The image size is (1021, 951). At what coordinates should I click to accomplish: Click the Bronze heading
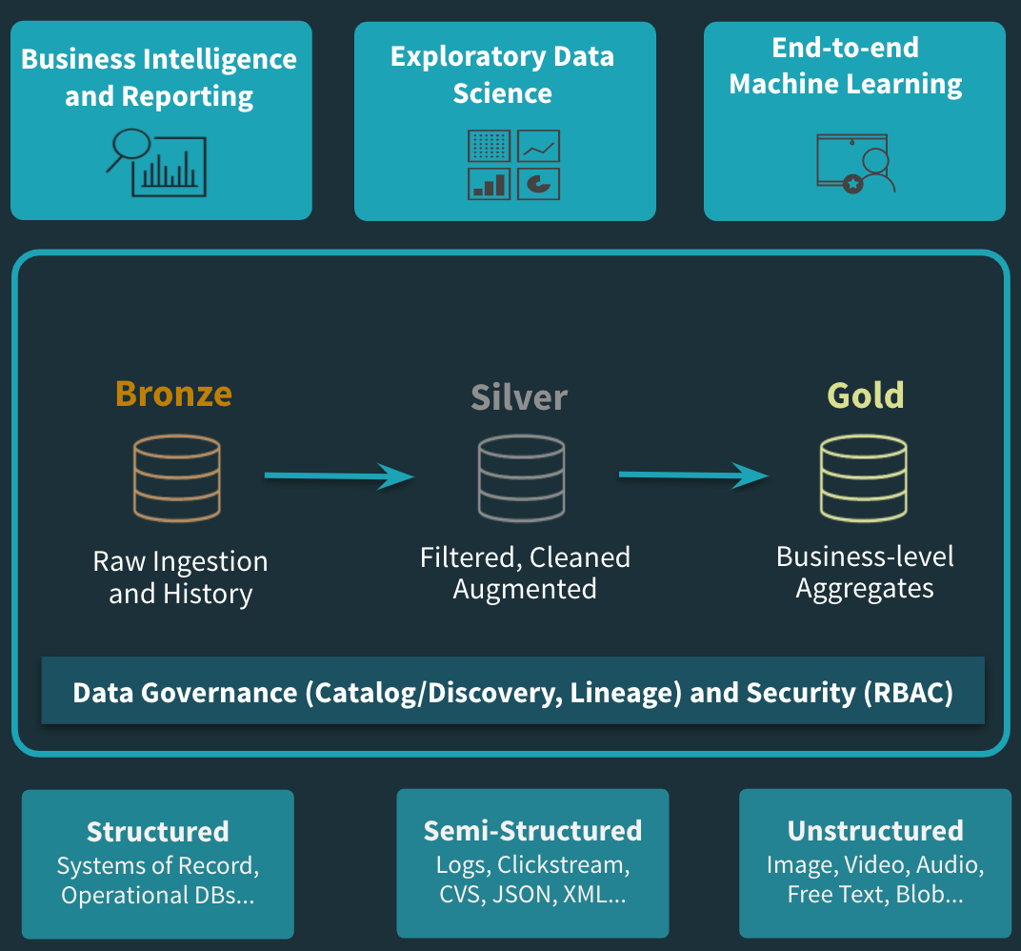pyautogui.click(x=173, y=394)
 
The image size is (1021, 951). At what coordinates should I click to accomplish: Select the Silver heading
pyautogui.click(x=519, y=397)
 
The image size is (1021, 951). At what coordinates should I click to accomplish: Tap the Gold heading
pyautogui.click(x=865, y=395)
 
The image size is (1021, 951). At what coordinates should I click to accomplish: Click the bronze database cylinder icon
pyautogui.click(x=177, y=478)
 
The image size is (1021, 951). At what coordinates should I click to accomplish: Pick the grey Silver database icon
pyautogui.click(x=521, y=478)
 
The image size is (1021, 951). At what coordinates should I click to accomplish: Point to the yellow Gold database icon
pyautogui.click(x=864, y=478)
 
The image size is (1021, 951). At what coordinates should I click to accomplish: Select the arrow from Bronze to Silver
pyautogui.click(x=339, y=475)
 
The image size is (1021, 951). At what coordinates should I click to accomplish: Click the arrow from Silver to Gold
pyautogui.click(x=693, y=475)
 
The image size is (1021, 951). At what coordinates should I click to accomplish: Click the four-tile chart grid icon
pyautogui.click(x=514, y=164)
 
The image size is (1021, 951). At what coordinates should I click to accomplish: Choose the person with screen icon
pyautogui.click(x=855, y=164)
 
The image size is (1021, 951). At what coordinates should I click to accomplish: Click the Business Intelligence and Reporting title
pyautogui.click(x=159, y=77)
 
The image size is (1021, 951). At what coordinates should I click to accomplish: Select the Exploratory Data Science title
pyautogui.click(x=502, y=74)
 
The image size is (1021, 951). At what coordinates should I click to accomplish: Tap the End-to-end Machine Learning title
pyautogui.click(x=846, y=66)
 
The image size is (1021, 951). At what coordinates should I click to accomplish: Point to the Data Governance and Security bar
pyautogui.click(x=512, y=692)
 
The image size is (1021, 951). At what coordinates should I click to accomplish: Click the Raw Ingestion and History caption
pyautogui.click(x=180, y=577)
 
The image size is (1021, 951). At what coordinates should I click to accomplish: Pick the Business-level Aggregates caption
pyautogui.click(x=865, y=573)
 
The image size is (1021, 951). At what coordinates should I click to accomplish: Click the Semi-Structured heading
pyautogui.click(x=532, y=830)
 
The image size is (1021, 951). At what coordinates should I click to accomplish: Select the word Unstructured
pyautogui.click(x=875, y=830)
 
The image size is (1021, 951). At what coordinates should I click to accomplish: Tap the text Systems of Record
pyautogui.click(x=157, y=866)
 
